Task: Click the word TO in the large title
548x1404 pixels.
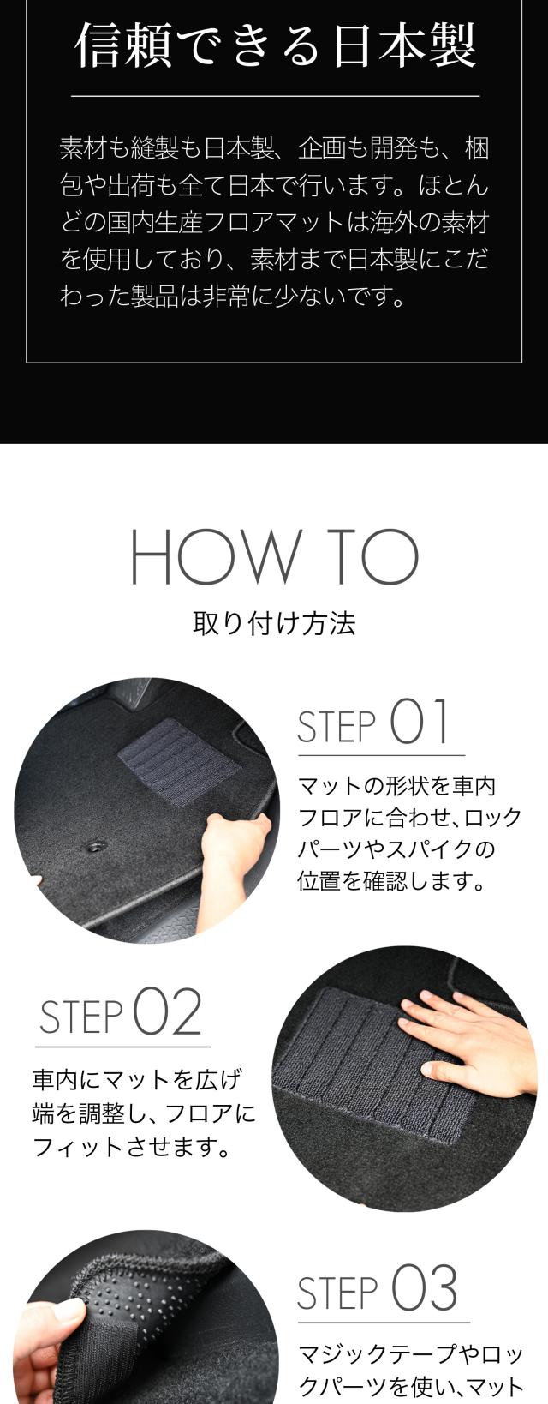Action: point(374,556)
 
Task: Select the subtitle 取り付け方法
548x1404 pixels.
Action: point(274,623)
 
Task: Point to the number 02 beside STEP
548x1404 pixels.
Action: point(167,1012)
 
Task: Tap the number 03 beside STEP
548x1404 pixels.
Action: point(425,1288)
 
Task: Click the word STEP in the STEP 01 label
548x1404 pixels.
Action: point(337,727)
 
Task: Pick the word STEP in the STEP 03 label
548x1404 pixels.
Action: point(337,1293)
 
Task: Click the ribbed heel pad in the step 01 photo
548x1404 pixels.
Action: point(178,761)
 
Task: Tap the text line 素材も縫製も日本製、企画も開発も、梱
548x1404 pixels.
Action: point(274,149)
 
